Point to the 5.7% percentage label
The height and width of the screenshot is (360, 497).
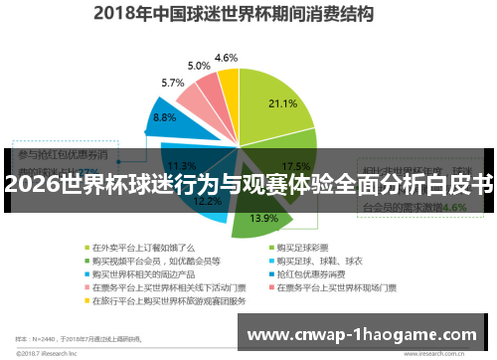[173, 83]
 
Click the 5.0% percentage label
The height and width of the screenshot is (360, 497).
[199, 66]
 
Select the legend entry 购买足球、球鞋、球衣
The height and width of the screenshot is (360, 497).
[321, 261]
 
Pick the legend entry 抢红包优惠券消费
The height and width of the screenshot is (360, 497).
[317, 273]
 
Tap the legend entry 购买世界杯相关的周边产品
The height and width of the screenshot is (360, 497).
[145, 273]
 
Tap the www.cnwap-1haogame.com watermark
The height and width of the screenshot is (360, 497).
[369, 331]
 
